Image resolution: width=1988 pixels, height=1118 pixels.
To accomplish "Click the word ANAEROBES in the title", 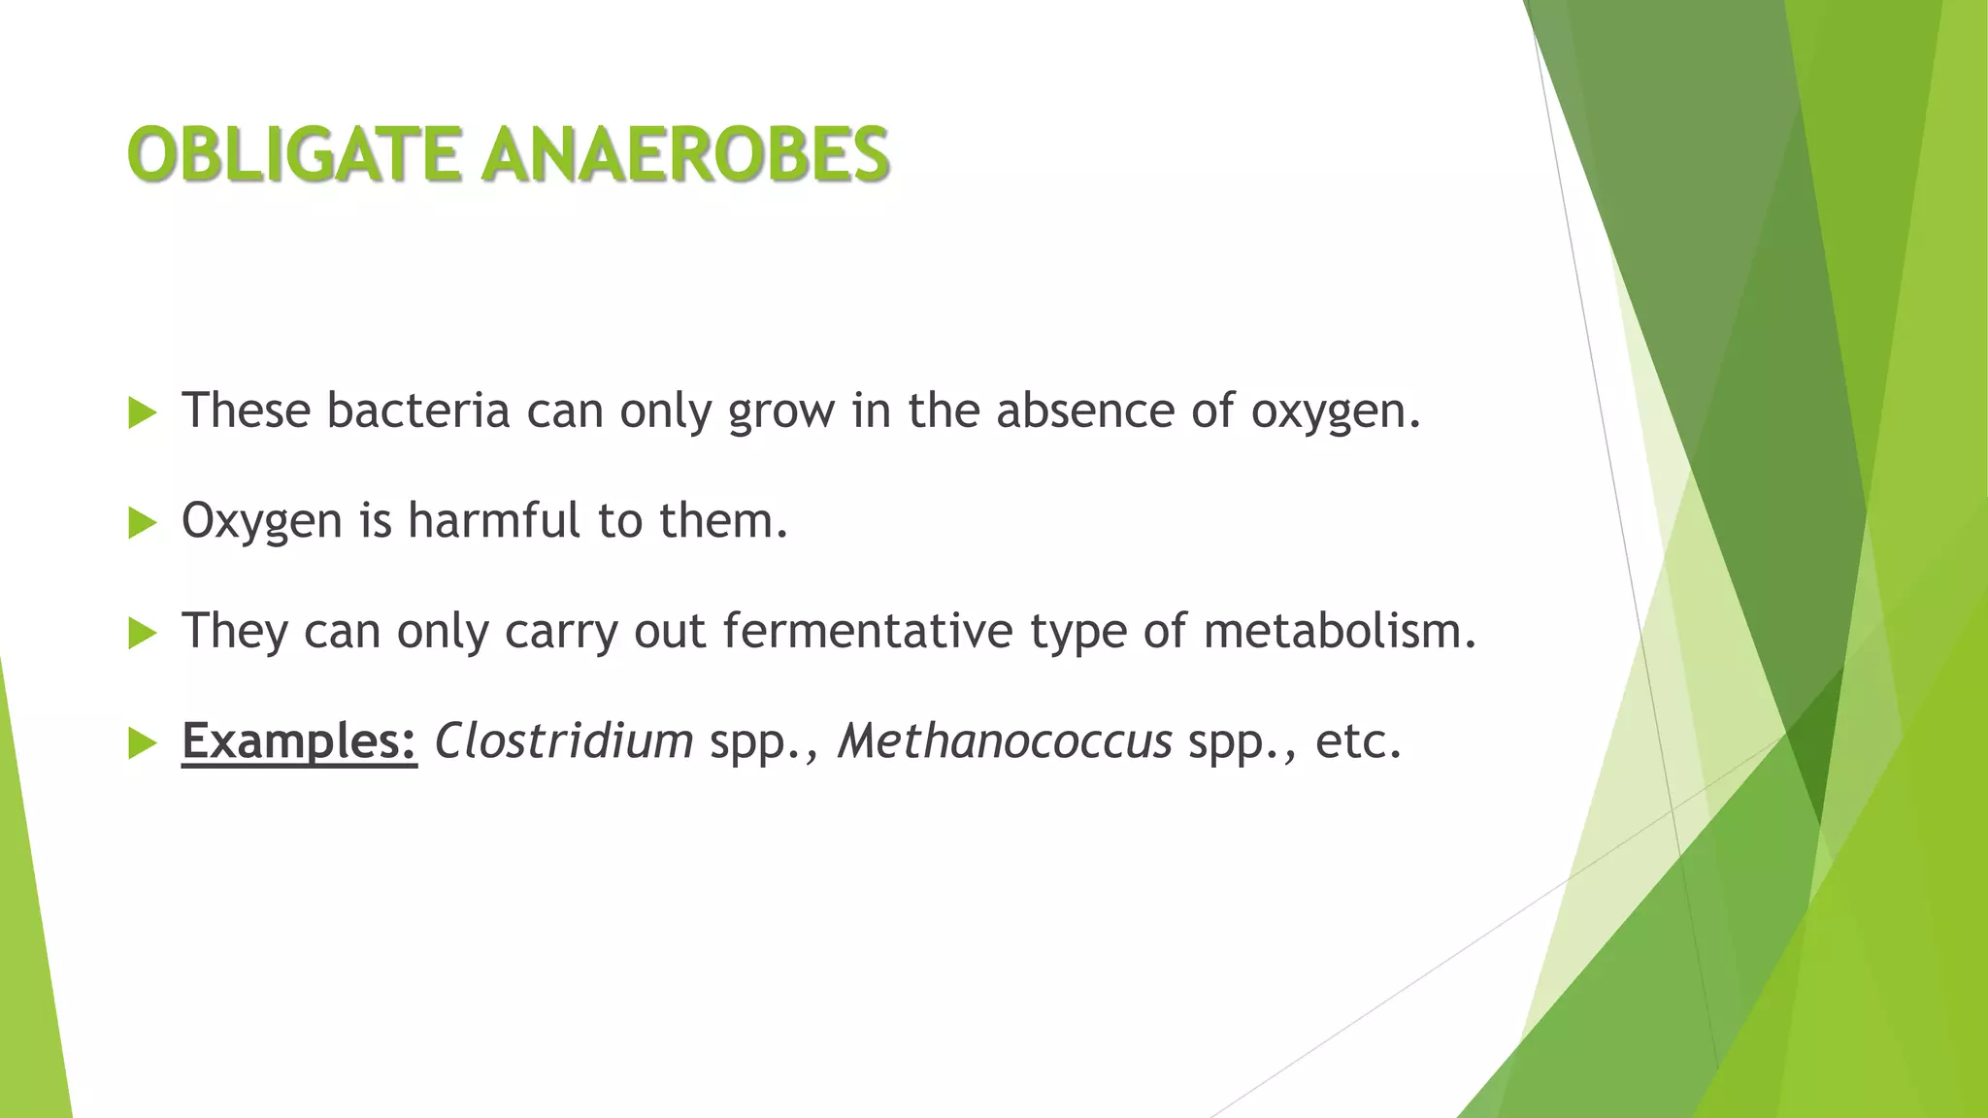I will click(685, 155).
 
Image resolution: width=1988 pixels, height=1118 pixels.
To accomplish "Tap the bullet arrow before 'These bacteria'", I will click(142, 413).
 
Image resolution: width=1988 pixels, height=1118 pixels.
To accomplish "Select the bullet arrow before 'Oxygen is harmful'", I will click(142, 524).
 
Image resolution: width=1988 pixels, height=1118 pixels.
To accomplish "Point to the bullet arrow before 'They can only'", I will click(142, 635).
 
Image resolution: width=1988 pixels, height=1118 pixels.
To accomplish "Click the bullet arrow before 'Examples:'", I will click(142, 744).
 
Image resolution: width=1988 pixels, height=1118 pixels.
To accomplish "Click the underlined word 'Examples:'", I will click(299, 742).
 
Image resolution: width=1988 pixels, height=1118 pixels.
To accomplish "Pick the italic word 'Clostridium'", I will click(563, 742).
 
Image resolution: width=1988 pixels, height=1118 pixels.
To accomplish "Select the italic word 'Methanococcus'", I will click(1005, 742).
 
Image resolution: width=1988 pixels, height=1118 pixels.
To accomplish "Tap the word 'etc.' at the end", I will click(1358, 742).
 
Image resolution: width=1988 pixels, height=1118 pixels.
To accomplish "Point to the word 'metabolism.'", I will click(1340, 632).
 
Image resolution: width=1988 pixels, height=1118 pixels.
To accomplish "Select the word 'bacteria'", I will click(417, 411).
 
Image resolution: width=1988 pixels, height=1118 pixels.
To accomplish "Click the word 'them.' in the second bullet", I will click(723, 521).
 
